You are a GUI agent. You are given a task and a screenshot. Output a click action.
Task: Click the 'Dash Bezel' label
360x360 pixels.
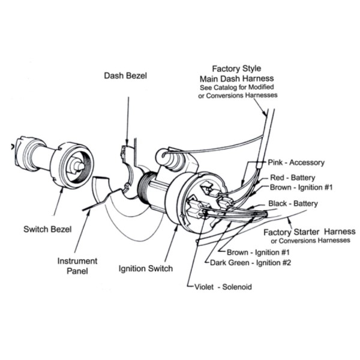[126, 76]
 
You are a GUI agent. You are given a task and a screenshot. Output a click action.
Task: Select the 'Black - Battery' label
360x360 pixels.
[293, 204]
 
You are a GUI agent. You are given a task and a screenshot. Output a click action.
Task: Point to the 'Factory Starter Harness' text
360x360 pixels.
[310, 232]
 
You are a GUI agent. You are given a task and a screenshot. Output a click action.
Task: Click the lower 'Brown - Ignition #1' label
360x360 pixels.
[258, 252]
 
